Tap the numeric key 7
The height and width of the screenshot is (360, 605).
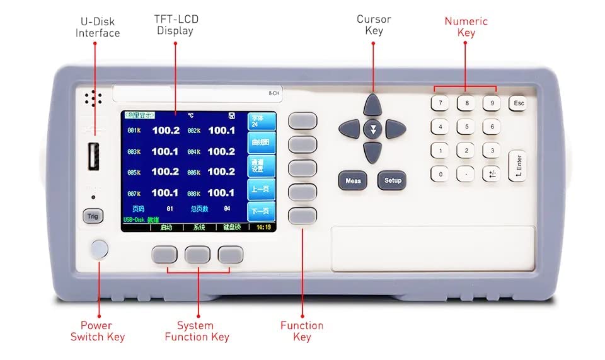coord(441,103)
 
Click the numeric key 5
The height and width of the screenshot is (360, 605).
coord(466,127)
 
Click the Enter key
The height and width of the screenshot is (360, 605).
coord(518,167)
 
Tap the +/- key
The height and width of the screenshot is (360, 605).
coord(492,174)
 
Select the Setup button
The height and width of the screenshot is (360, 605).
coord(392,180)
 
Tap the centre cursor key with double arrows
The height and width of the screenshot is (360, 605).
coord(373,129)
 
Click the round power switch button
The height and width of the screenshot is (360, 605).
coord(99,249)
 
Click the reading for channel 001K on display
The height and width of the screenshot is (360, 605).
coord(165,131)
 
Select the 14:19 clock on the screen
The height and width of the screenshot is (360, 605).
coord(263,227)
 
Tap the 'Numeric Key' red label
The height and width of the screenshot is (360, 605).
coord(466,26)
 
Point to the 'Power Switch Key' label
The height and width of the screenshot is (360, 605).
coord(98,331)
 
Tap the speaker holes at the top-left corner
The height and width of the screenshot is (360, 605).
coord(93,98)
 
